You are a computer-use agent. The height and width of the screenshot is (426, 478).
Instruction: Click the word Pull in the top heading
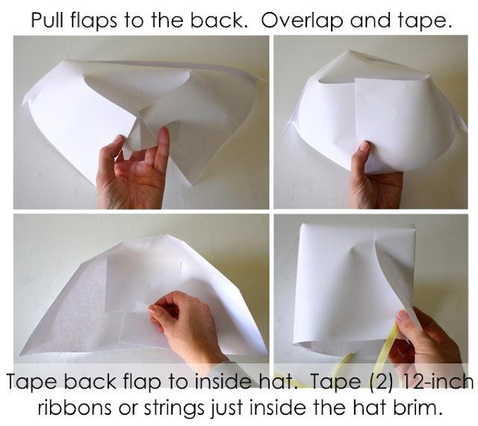click(x=49, y=20)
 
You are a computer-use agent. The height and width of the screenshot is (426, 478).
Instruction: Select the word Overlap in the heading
click(x=302, y=21)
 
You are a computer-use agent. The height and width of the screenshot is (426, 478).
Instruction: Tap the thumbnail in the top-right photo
click(x=364, y=146)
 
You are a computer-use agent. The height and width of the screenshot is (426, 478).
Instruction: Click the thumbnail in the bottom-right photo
click(x=403, y=316)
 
